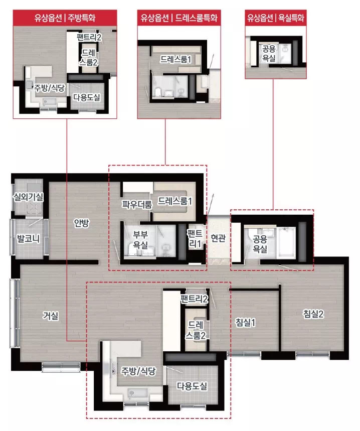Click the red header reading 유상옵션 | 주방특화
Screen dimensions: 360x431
[x=65, y=18]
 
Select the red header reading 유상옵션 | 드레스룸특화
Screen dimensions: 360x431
[x=179, y=18]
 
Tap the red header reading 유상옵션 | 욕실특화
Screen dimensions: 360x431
[x=276, y=18]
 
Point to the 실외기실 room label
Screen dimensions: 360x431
[x=28, y=197]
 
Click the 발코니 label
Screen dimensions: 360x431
[x=29, y=239]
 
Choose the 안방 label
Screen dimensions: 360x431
[x=82, y=223]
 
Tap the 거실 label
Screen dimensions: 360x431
[x=51, y=315]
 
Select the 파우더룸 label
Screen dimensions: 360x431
[x=137, y=204]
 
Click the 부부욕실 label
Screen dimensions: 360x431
[x=140, y=239]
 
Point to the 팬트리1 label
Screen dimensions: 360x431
[x=195, y=239]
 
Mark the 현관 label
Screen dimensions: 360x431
[x=218, y=238]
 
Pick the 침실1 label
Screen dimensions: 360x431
[x=246, y=322]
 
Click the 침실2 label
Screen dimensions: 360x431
[x=313, y=314]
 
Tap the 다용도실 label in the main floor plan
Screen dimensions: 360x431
[x=192, y=386]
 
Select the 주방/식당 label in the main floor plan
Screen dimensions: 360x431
[x=139, y=371]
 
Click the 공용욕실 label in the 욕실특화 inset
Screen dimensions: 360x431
[x=269, y=53]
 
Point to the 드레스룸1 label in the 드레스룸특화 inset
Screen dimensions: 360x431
[x=175, y=59]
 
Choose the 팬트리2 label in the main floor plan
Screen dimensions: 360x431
[x=195, y=299]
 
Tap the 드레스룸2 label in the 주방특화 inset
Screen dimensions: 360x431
[x=88, y=57]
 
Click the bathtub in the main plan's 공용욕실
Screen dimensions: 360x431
[x=286, y=242]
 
